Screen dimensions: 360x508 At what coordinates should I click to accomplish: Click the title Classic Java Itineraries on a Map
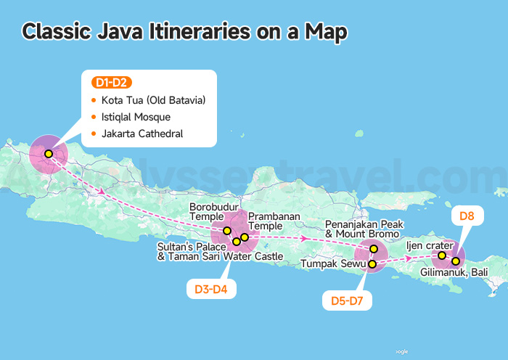(x=184, y=31)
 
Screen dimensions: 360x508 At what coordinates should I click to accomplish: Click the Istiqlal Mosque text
(x=136, y=117)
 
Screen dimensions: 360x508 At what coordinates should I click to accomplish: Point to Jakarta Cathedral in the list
(x=142, y=134)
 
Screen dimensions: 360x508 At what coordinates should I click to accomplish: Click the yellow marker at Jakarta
(x=48, y=154)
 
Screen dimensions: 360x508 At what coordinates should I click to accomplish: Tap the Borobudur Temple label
(x=213, y=212)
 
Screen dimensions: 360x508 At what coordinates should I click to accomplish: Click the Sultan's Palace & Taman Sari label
(x=220, y=251)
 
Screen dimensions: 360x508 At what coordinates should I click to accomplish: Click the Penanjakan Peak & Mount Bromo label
(x=362, y=229)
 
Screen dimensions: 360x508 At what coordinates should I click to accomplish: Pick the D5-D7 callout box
(x=348, y=298)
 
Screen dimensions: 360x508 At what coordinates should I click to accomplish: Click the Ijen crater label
(x=429, y=246)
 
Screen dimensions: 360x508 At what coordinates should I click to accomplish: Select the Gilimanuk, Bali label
(x=454, y=272)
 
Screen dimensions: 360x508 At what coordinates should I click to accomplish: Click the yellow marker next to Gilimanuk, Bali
(x=456, y=261)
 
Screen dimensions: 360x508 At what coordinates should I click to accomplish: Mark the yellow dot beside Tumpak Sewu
(x=372, y=264)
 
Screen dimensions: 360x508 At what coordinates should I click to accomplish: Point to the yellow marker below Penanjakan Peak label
(x=374, y=249)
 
